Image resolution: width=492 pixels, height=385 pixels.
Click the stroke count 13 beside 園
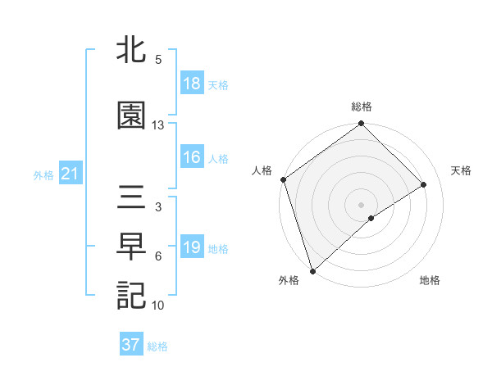click(158, 125)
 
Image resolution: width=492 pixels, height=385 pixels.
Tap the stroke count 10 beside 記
click(158, 306)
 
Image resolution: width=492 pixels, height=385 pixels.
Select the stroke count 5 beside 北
click(157, 60)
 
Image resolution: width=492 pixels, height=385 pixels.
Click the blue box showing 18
click(192, 84)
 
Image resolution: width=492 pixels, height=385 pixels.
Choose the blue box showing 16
click(192, 158)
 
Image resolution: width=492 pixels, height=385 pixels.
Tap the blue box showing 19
click(192, 248)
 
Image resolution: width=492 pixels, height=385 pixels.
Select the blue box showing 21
click(70, 174)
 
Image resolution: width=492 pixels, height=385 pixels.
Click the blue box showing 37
click(130, 345)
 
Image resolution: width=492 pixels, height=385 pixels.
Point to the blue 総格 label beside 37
click(157, 346)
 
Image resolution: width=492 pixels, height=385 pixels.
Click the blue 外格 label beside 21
click(43, 175)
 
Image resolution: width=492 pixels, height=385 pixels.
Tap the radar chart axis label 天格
click(462, 170)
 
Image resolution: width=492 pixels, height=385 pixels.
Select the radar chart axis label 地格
click(430, 281)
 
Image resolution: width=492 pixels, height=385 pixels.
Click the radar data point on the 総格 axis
click(361, 125)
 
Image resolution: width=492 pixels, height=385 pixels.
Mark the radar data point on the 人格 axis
click(283, 179)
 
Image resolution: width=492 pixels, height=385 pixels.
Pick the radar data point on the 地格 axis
click(371, 218)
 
